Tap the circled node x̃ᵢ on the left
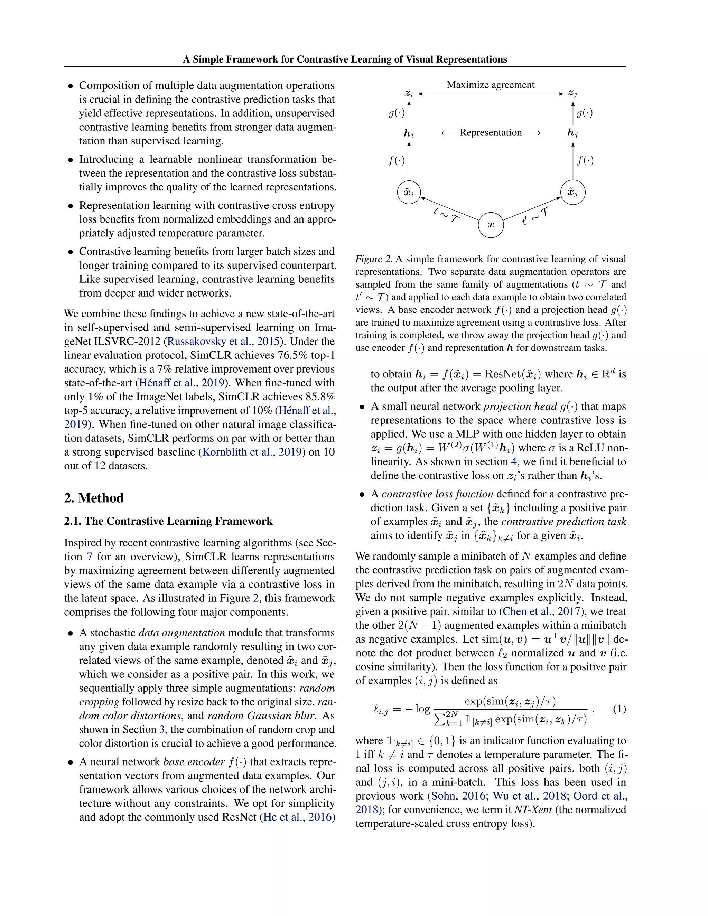tap(409, 193)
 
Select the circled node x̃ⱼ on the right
tap(572, 193)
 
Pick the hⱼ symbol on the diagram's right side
tap(572, 133)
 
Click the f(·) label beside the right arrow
tap(585, 160)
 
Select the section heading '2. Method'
tap(94, 498)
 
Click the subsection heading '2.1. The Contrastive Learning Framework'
tap(168, 521)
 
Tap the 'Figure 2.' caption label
tap(374, 259)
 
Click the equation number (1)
tap(619, 709)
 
